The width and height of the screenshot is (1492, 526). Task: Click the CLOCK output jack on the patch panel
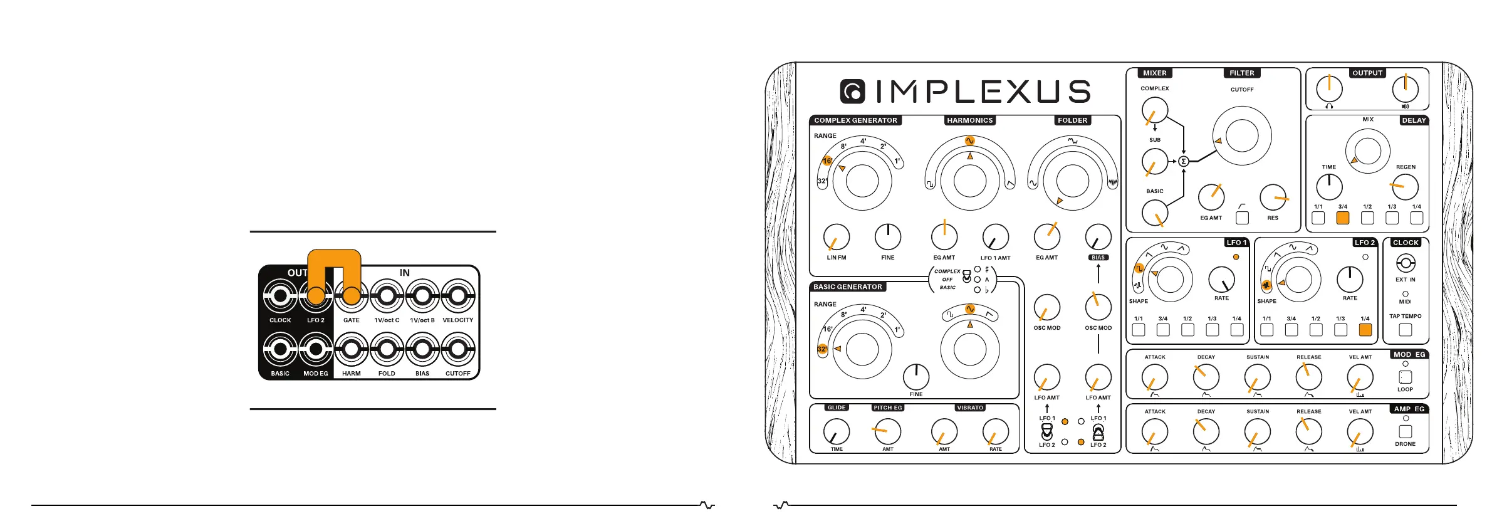pyautogui.click(x=280, y=296)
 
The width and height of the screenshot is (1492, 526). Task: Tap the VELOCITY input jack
pyautogui.click(x=458, y=296)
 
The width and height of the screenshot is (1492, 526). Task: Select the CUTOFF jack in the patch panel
pyautogui.click(x=458, y=349)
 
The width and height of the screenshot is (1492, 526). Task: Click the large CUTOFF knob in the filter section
pyautogui.click(x=1241, y=135)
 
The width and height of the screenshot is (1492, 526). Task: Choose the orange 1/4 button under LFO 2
pyautogui.click(x=1365, y=330)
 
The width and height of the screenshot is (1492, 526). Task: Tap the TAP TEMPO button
pyautogui.click(x=1406, y=329)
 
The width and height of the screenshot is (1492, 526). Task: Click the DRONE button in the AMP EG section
pyautogui.click(x=1406, y=431)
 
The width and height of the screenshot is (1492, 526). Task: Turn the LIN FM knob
pyautogui.click(x=837, y=237)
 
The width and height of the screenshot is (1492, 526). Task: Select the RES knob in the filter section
pyautogui.click(x=1273, y=197)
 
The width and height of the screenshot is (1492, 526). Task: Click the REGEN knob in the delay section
pyautogui.click(x=1405, y=187)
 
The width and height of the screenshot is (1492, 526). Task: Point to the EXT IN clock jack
pyautogui.click(x=1406, y=263)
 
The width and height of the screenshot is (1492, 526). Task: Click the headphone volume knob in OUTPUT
pyautogui.click(x=1329, y=89)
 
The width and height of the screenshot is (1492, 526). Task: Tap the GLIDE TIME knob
pyautogui.click(x=837, y=431)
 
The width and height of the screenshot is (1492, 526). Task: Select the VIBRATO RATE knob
pyautogui.click(x=995, y=431)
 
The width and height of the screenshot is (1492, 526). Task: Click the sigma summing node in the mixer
pyautogui.click(x=1184, y=161)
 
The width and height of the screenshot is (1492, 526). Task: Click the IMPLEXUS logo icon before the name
pyautogui.click(x=852, y=92)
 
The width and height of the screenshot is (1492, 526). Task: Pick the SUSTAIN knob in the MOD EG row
pyautogui.click(x=1257, y=377)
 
